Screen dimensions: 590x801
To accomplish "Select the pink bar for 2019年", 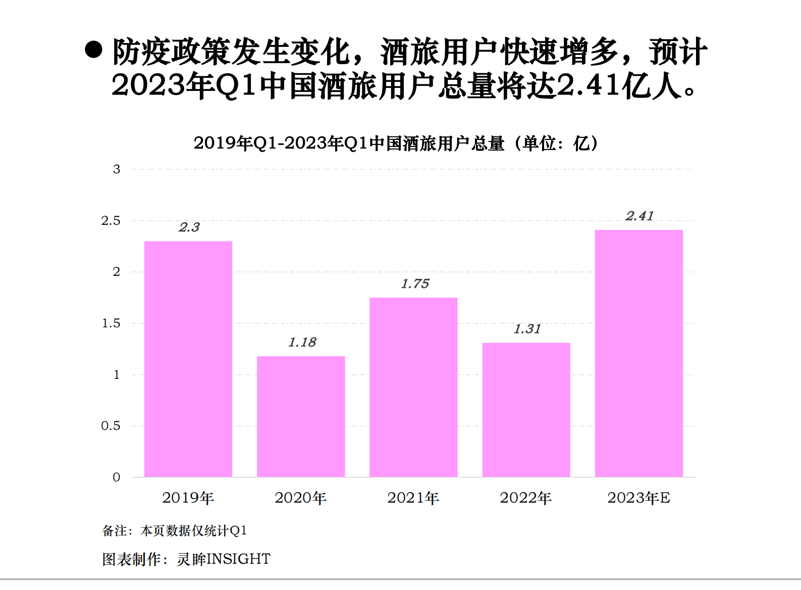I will pos(188,359).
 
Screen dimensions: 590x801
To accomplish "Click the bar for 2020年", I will pos(301,416).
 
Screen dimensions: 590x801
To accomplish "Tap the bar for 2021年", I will pos(413,387).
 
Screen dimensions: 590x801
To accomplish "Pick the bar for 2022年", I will pos(526,410).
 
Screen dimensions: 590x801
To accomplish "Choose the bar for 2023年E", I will pos(638,353).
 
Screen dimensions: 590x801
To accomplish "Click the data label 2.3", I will pos(189,227).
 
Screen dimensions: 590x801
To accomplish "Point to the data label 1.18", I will pos(302,342).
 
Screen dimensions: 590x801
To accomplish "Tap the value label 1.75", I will pos(415,284).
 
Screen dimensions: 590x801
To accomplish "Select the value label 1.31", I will pos(527,329).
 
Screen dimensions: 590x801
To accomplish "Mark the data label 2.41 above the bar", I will pos(639,216).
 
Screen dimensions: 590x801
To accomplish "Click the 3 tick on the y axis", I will pos(117,169).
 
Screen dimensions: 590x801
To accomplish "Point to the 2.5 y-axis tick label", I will pos(111,221).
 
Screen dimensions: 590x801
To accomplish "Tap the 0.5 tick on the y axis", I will pos(111,426).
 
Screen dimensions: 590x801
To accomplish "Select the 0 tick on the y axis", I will pos(117,477).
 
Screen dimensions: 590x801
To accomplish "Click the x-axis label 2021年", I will pos(413,498).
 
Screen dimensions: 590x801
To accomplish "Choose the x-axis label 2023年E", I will pos(638,498).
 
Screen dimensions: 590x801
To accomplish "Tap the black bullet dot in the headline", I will pos(93,50).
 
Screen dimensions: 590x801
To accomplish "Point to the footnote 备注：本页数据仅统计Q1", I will pos(175,530).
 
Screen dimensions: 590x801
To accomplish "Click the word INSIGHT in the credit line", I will pos(239,559).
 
